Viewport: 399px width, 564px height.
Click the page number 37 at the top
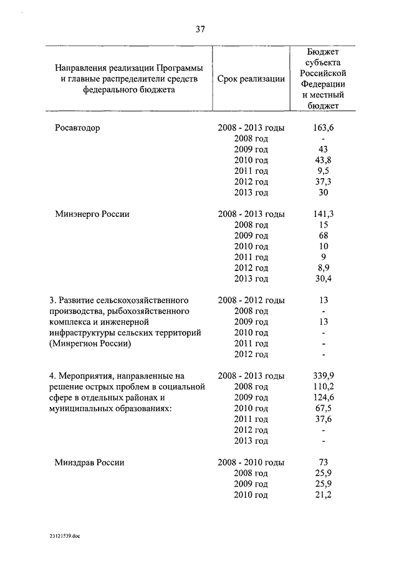[199, 29]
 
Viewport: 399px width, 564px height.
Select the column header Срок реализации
[252, 79]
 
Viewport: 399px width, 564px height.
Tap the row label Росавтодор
[78, 128]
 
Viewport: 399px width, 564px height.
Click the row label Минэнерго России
[92, 214]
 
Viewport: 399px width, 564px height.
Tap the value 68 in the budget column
[323, 236]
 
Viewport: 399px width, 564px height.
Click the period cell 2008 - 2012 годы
[251, 300]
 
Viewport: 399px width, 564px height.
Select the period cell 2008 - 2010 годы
[251, 462]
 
